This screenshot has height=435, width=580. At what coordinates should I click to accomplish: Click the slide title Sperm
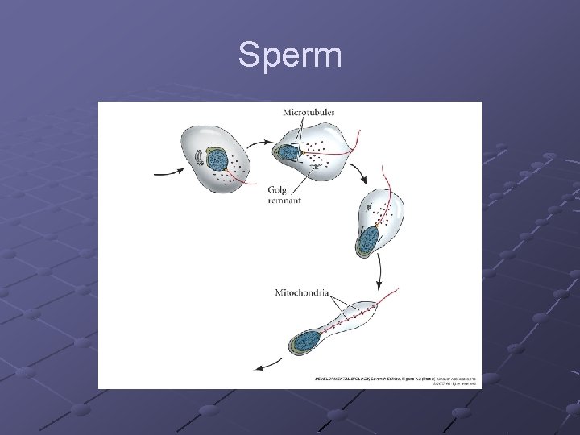[x=290, y=56]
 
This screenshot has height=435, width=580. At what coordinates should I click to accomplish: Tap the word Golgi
[x=278, y=190]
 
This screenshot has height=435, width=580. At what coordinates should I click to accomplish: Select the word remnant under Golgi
[x=284, y=201]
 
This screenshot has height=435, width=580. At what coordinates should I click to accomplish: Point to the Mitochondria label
[x=302, y=292]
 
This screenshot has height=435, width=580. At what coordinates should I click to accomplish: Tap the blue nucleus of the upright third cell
[x=368, y=239]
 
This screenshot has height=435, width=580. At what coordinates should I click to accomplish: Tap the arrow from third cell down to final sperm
[x=377, y=279]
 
